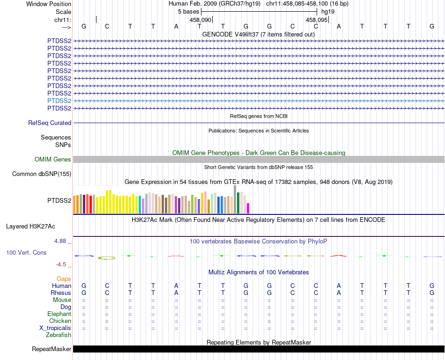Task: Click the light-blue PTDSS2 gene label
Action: (59, 101)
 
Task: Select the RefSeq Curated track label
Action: (50, 123)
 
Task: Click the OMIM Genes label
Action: (52, 160)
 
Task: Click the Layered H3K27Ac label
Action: (30, 227)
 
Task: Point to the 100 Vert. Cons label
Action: (26, 253)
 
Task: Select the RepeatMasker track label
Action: (52, 349)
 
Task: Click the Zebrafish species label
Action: (59, 335)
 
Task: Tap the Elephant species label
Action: (59, 314)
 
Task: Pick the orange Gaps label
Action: (64, 279)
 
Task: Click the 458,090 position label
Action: (200, 20)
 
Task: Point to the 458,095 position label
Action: (317, 20)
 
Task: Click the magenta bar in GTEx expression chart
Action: (248, 208)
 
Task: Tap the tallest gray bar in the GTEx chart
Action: (235, 199)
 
